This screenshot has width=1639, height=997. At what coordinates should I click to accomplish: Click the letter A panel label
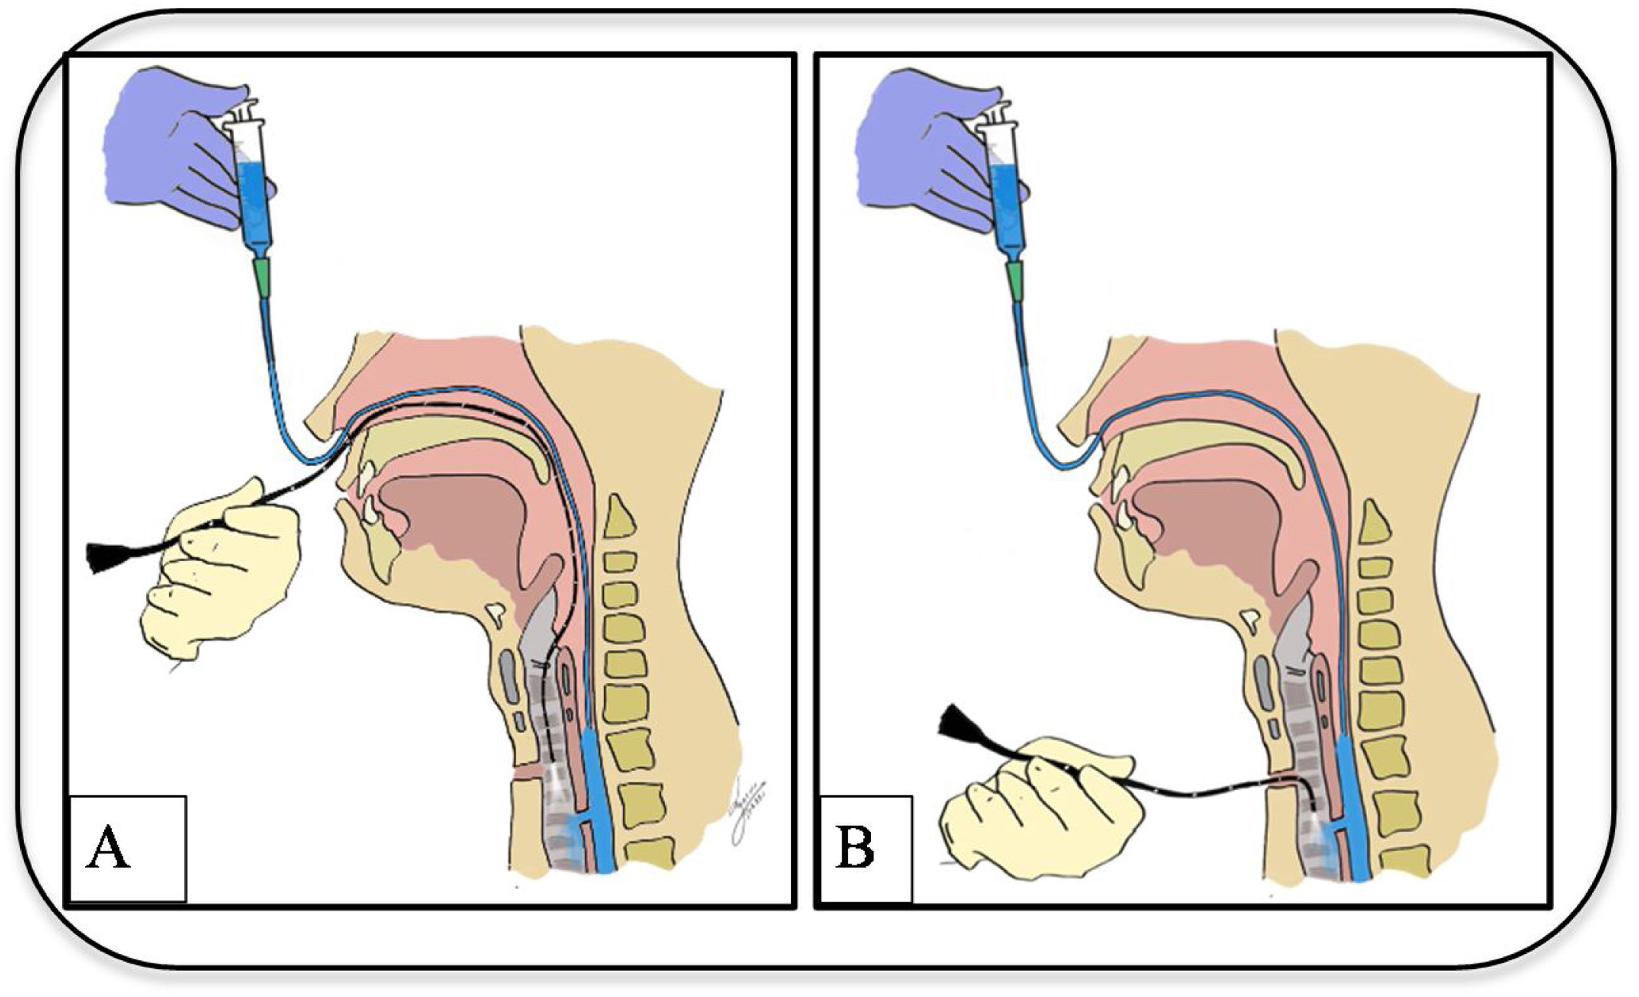point(108,848)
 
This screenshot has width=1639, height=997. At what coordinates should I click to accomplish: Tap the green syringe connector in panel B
point(1016,280)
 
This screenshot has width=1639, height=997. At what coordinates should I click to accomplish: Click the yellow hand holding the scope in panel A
point(220,565)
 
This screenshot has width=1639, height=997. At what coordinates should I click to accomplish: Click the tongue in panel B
point(1210,525)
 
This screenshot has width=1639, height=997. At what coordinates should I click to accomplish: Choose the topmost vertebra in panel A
point(618,515)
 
